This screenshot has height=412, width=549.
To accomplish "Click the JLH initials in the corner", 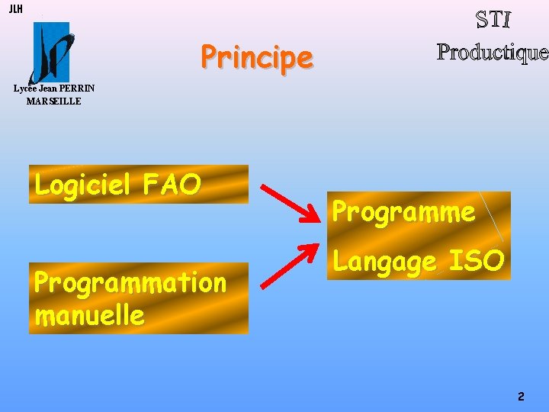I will [x=15, y=9].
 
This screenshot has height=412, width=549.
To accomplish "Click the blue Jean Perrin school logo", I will [x=50, y=52].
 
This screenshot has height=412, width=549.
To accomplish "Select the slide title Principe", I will [x=257, y=57].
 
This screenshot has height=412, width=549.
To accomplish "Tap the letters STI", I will [x=493, y=20].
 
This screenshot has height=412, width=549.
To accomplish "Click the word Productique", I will [x=493, y=52].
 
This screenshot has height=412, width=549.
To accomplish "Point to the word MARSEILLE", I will [x=53, y=101].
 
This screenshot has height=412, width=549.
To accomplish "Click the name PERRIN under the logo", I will [x=78, y=89].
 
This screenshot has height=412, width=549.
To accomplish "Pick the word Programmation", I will [x=130, y=283].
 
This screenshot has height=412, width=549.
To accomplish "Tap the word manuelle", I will [x=89, y=314].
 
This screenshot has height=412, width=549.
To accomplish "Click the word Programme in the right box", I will [x=404, y=211].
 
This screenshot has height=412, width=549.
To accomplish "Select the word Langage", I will [x=385, y=262].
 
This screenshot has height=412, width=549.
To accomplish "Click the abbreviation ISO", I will [x=477, y=261].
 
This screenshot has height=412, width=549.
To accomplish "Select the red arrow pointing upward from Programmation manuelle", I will [x=291, y=265].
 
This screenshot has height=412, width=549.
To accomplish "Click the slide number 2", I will [x=521, y=396].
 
